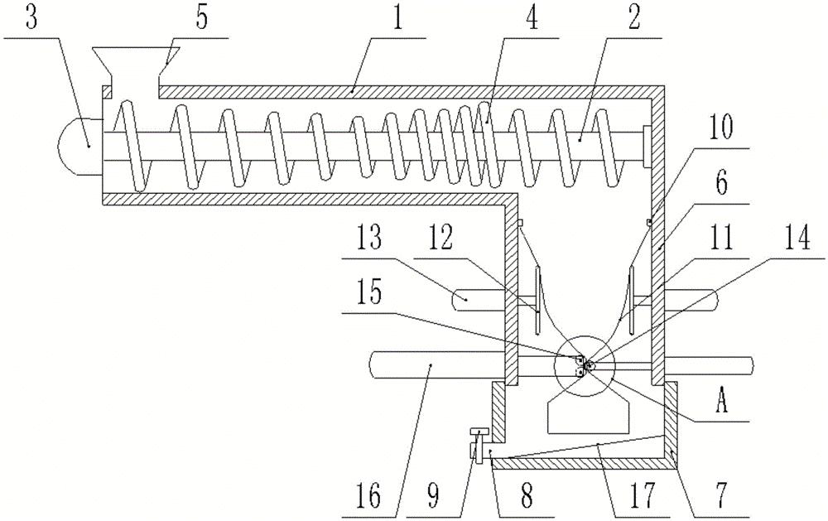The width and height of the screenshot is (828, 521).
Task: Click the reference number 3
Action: coord(31,19)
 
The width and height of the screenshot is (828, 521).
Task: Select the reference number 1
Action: coord(397,19)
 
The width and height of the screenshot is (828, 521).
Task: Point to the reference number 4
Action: coord(531,19)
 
